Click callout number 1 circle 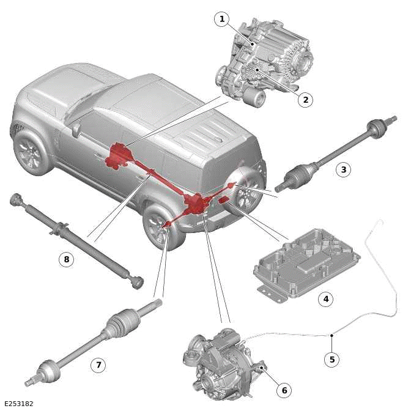click(222, 20)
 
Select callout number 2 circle click(306, 100)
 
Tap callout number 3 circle click(344, 169)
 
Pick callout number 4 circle click(326, 299)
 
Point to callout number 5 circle click(332, 359)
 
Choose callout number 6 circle click(284, 390)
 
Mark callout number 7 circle click(98, 365)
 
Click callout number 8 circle click(67, 259)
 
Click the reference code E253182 click(18, 404)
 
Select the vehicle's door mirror click(76, 130)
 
